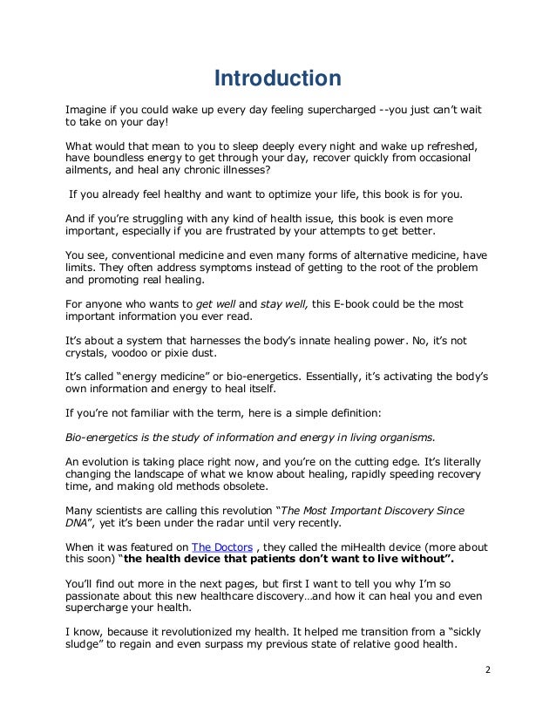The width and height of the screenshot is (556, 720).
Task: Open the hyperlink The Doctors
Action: coord(219,547)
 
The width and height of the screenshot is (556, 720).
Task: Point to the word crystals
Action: coord(89,353)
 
